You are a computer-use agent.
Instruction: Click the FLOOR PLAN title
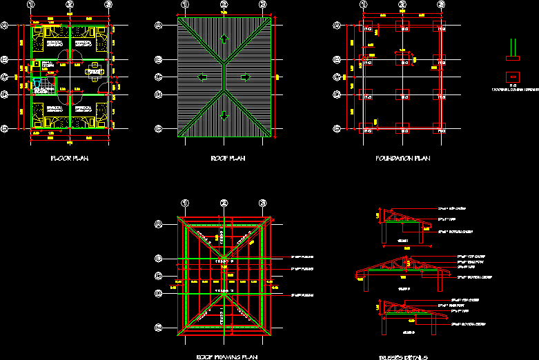[x=70, y=159]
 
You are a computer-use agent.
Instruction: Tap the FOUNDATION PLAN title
[x=403, y=159]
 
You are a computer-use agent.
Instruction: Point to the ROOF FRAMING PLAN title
[x=227, y=357]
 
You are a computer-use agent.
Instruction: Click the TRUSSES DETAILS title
[x=403, y=357]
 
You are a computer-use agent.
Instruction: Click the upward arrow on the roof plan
[x=224, y=39]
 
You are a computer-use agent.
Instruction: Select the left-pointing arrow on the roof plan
[x=202, y=77]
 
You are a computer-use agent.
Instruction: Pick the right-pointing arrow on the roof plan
[x=246, y=77]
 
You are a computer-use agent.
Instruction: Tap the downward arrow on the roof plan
[x=224, y=117]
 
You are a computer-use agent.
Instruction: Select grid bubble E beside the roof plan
[x=159, y=128]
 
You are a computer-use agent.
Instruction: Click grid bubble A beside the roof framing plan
[x=159, y=224]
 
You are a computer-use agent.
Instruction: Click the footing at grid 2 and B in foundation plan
[x=403, y=60]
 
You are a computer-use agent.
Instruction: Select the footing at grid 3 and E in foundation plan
[x=440, y=128]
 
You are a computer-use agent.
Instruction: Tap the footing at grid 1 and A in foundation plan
[x=366, y=28]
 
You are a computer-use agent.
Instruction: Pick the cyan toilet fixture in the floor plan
[x=38, y=88]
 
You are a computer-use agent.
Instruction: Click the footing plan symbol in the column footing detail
[x=512, y=76]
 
